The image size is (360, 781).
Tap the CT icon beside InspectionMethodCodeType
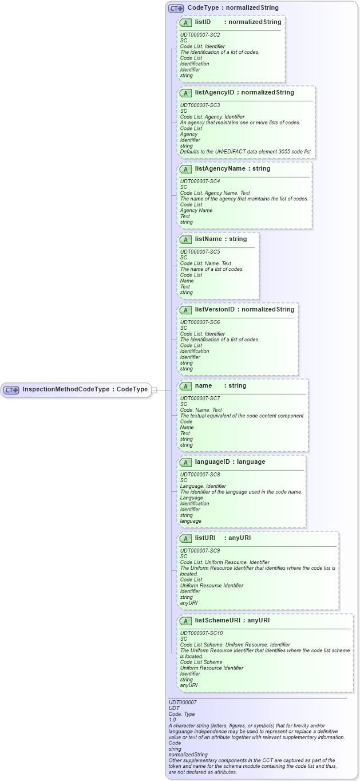coord(11,390)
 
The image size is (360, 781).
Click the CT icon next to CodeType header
coord(176,9)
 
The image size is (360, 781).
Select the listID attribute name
coord(203,22)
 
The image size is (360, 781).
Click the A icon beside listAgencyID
coord(185,93)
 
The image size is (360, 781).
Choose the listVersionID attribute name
coord(215,310)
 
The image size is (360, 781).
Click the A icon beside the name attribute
coord(185,386)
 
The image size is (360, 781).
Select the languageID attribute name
coord(213,462)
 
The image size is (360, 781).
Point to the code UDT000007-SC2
coord(200,35)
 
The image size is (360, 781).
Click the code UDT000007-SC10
coord(201,633)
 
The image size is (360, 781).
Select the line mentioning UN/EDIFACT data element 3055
coord(246,152)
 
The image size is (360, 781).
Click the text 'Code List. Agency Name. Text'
coord(215,193)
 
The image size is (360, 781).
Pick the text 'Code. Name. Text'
coord(201,410)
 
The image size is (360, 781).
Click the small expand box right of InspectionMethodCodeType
coord(154,390)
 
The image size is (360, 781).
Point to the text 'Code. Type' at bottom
coord(181,714)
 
